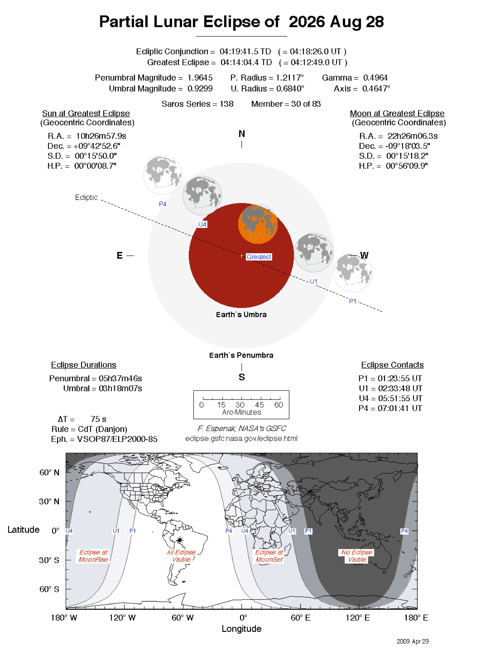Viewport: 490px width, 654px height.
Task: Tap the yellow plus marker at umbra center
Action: tap(242, 255)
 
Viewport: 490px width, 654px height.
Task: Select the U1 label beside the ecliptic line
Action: tap(313, 281)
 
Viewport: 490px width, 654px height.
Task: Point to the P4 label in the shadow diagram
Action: tap(162, 204)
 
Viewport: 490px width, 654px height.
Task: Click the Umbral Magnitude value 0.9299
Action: tap(200, 88)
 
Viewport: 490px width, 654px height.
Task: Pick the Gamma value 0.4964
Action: tap(375, 78)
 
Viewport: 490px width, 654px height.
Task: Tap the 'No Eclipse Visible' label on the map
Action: tap(357, 556)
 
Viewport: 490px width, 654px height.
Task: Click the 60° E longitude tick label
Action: tap(300, 617)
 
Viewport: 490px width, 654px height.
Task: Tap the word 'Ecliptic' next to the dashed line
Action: tap(86, 197)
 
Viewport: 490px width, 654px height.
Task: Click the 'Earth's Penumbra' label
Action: tap(241, 355)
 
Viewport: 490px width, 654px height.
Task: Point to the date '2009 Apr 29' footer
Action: tap(412, 641)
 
